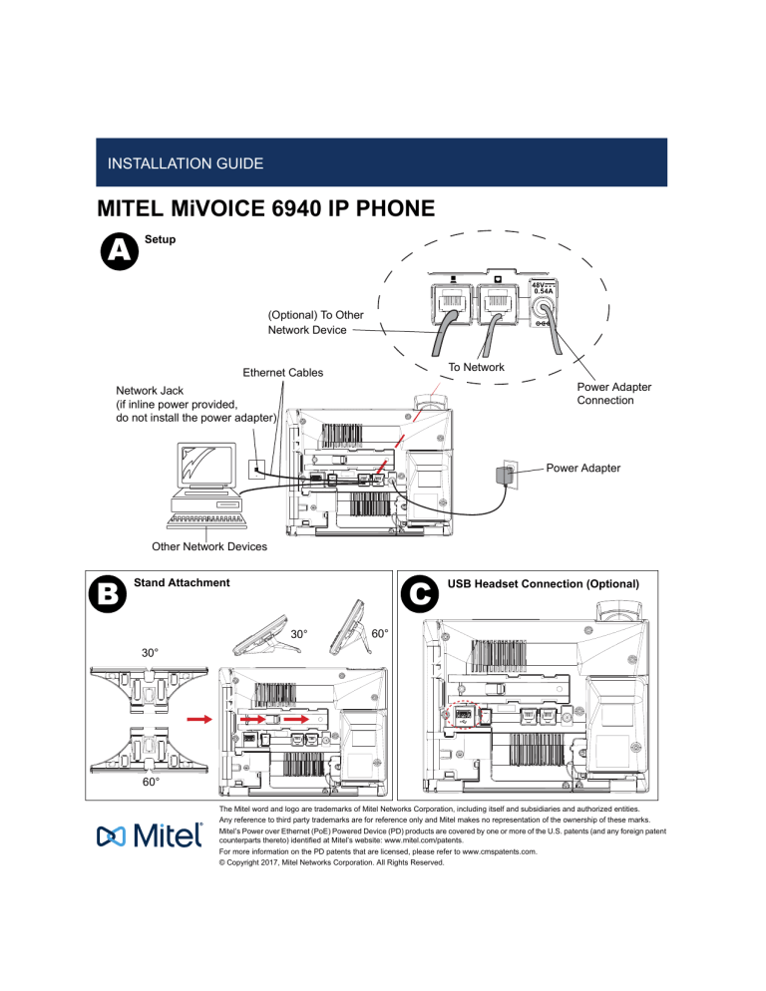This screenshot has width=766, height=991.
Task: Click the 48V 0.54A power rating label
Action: click(x=545, y=287)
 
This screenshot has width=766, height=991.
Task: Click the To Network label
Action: click(x=477, y=368)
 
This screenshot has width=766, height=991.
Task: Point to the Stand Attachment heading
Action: click(x=182, y=581)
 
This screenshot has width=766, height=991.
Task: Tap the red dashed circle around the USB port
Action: click(x=466, y=716)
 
